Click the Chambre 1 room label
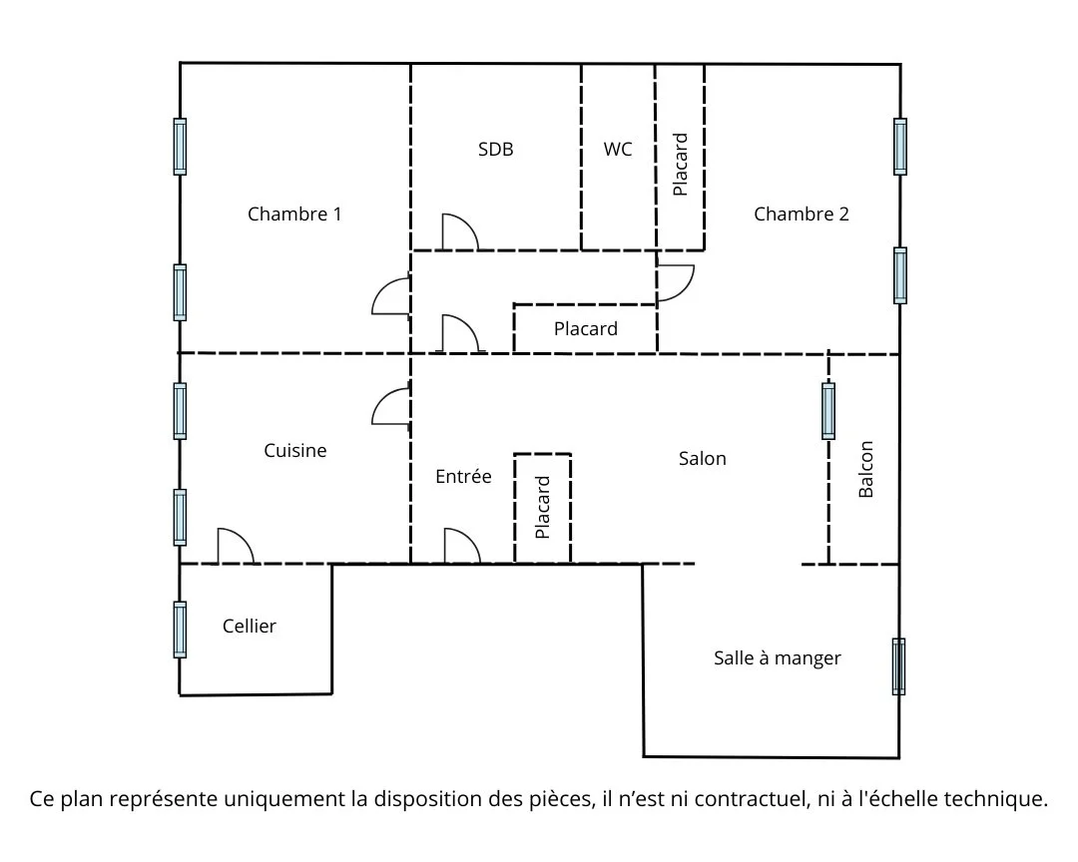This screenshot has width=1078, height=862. tap(294, 214)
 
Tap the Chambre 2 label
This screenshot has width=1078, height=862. tap(802, 214)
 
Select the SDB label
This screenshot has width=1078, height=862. tap(495, 150)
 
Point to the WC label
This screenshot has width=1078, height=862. tap(618, 150)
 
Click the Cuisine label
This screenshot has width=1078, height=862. tap(294, 451)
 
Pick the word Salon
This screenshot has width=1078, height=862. tap(703, 459)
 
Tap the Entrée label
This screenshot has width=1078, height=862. tap(463, 477)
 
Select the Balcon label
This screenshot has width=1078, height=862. tap(865, 470)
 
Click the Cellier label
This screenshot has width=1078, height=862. tap(250, 627)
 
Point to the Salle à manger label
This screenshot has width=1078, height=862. tap(778, 658)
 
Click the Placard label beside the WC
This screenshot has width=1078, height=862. tap(681, 165)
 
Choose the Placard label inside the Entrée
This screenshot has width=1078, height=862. tap(543, 508)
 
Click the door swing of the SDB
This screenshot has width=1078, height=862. tap(460, 232)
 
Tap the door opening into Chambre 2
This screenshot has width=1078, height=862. tap(676, 283)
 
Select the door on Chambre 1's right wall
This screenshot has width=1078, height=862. tap(391, 295)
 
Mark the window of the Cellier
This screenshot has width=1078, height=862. tap(180, 629)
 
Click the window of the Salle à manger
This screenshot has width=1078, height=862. tap(898, 666)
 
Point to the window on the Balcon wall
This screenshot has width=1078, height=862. tap(828, 411)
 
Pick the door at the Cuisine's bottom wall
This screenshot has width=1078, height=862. tap(236, 547)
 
